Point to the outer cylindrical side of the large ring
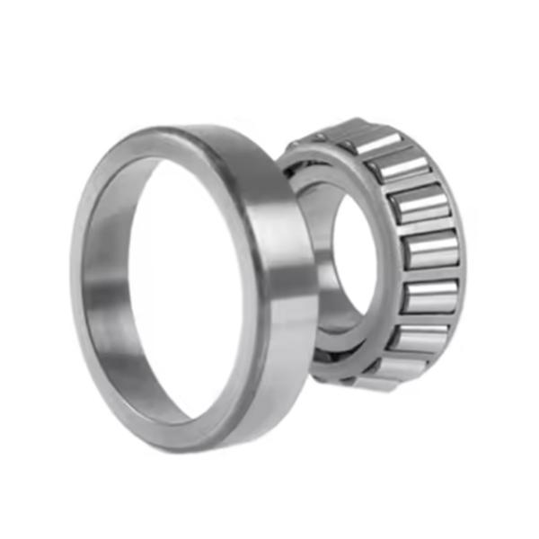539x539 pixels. (x=269, y=269)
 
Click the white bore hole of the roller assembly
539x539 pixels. (x=355, y=252)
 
